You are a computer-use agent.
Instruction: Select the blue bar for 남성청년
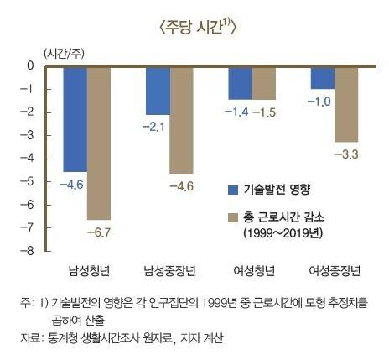point(75,117)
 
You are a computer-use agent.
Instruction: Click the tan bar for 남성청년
point(99,143)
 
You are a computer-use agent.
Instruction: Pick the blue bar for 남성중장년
point(158,90)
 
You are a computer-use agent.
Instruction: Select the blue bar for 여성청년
point(240,82)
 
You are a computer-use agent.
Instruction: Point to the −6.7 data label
point(99,231)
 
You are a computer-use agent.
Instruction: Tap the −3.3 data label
point(346,154)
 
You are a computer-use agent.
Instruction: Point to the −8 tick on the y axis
point(30,251)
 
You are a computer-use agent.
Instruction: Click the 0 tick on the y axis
point(32,65)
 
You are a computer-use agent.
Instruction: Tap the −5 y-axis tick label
point(30,181)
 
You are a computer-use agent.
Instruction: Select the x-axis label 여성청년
point(252,270)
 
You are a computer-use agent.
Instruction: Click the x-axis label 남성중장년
point(169,270)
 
